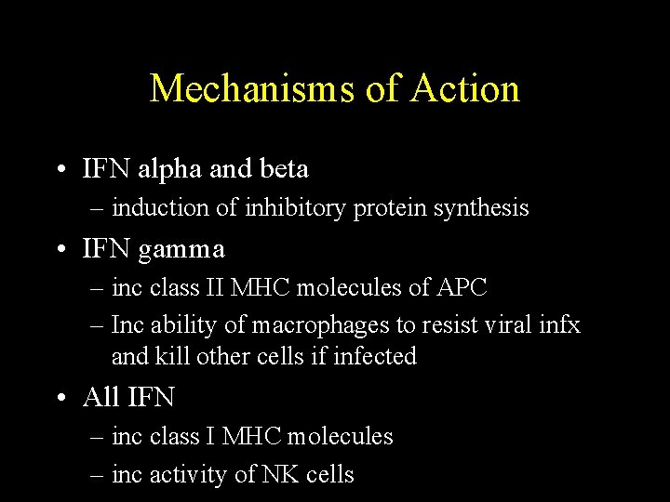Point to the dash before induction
[x=98, y=209]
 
